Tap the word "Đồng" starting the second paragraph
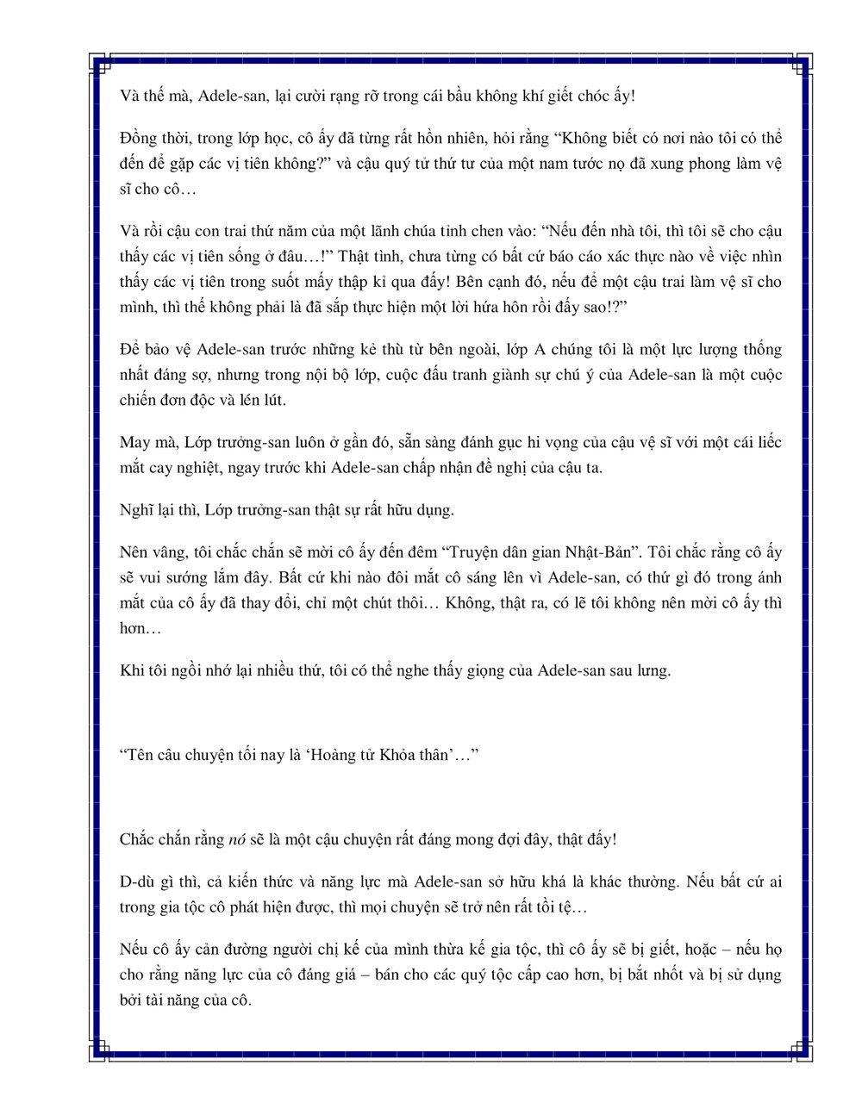[136, 139]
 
